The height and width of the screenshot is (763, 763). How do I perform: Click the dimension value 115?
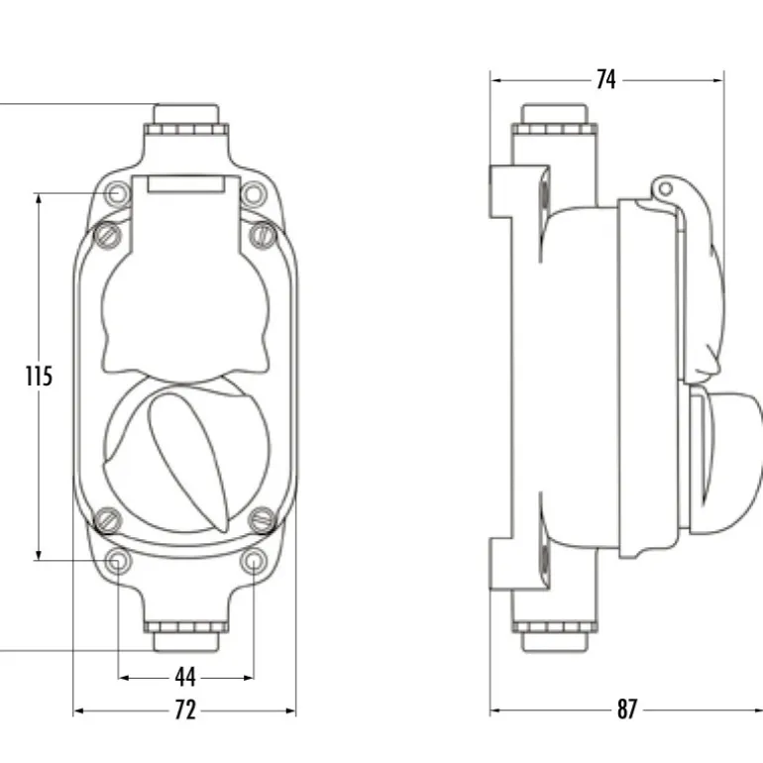click(x=39, y=377)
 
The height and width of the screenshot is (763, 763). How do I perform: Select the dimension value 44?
click(x=185, y=677)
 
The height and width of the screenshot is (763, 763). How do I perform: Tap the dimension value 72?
click(x=185, y=709)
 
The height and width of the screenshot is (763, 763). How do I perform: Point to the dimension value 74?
click(x=605, y=79)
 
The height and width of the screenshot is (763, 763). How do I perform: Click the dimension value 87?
click(x=626, y=709)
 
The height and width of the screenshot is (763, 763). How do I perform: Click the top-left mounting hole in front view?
click(x=117, y=193)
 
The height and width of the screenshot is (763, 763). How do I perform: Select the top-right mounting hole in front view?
click(x=254, y=193)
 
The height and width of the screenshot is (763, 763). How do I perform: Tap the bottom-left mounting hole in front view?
click(x=117, y=561)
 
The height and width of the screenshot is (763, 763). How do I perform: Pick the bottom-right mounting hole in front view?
click(x=254, y=561)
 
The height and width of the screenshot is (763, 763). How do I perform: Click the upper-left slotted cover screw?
click(x=107, y=235)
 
